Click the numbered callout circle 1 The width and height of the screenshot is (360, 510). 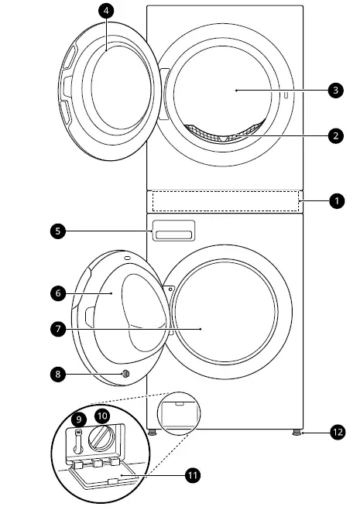pos(336,200)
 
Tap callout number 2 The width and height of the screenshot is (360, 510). pos(334,136)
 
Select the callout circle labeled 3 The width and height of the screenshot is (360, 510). pos(334,91)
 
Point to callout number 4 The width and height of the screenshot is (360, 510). pos(106,12)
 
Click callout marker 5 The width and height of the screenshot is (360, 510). pos(58,230)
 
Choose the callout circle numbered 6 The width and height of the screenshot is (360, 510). pos(58,293)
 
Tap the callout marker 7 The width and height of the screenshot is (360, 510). pos(58,329)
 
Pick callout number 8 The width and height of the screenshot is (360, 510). pos(58,375)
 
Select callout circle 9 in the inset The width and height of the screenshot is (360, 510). pos(79,419)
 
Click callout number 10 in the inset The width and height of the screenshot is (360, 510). pos(101,416)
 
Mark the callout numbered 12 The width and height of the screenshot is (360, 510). pos(336,433)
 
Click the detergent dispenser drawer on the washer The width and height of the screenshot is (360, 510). pos(173,230)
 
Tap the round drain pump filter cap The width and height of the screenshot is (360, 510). pos(103,442)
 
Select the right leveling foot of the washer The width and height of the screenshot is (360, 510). pos(297,433)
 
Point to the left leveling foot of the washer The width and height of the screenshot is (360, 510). pos(153,433)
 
